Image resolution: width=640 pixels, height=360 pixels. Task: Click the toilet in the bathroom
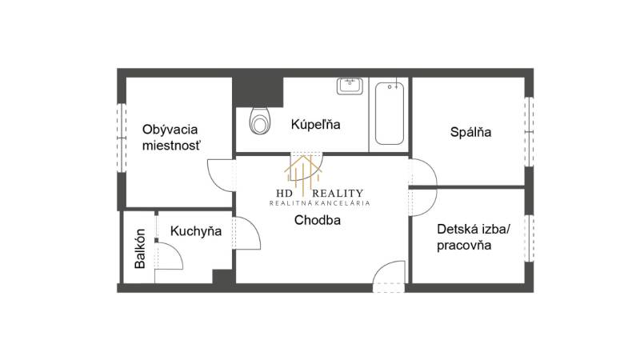click(x=259, y=121)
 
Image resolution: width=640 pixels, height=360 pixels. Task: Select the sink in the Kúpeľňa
click(x=350, y=86)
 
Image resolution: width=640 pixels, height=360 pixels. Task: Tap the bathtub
click(x=390, y=114)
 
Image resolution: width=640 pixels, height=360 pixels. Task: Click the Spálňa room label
click(x=470, y=132)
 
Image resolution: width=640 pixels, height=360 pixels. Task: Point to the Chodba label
click(x=317, y=221)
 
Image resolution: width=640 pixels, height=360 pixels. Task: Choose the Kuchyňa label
click(x=196, y=231)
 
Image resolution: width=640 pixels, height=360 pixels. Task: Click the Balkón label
click(x=140, y=249)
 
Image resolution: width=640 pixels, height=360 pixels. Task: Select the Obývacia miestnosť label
click(x=170, y=138)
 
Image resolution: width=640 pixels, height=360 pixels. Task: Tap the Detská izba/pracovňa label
click(x=474, y=237)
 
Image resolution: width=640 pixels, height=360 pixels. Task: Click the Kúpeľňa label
click(x=315, y=125)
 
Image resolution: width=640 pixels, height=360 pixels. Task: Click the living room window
click(x=122, y=138)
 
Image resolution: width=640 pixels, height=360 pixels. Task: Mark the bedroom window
click(x=529, y=132)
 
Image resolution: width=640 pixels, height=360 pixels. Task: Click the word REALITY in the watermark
click(x=338, y=194)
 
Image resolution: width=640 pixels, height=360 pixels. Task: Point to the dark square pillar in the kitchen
click(x=223, y=276)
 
